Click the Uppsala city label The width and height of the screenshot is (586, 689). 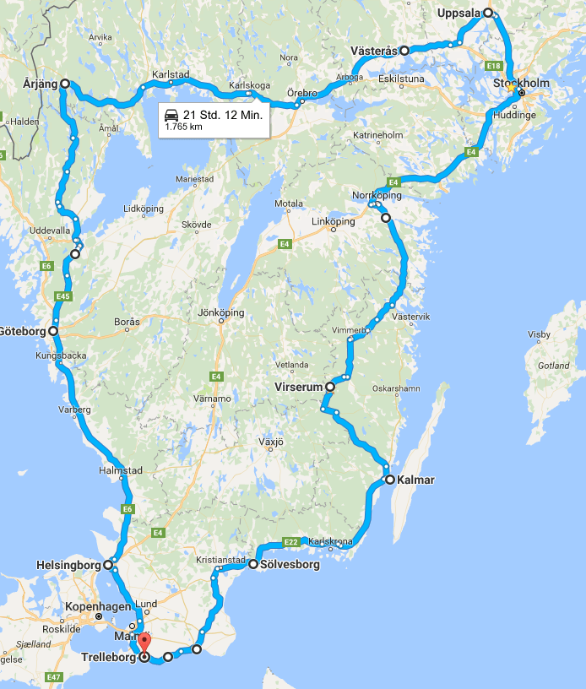click(458, 13)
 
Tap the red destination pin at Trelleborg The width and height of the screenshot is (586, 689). click(144, 643)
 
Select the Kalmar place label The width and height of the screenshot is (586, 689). click(416, 480)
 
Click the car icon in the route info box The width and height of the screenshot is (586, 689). click(171, 115)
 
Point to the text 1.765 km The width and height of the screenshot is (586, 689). click(184, 127)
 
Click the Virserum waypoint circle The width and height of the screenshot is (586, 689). click(330, 387)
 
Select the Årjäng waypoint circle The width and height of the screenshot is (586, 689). click(64, 84)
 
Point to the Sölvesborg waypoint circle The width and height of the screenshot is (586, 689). click(252, 563)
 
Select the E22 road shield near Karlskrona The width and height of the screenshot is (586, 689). click(290, 542)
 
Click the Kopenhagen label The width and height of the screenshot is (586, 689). click(101, 607)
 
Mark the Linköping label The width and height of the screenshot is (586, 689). click(334, 221)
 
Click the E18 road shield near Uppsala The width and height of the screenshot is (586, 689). click(493, 66)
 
